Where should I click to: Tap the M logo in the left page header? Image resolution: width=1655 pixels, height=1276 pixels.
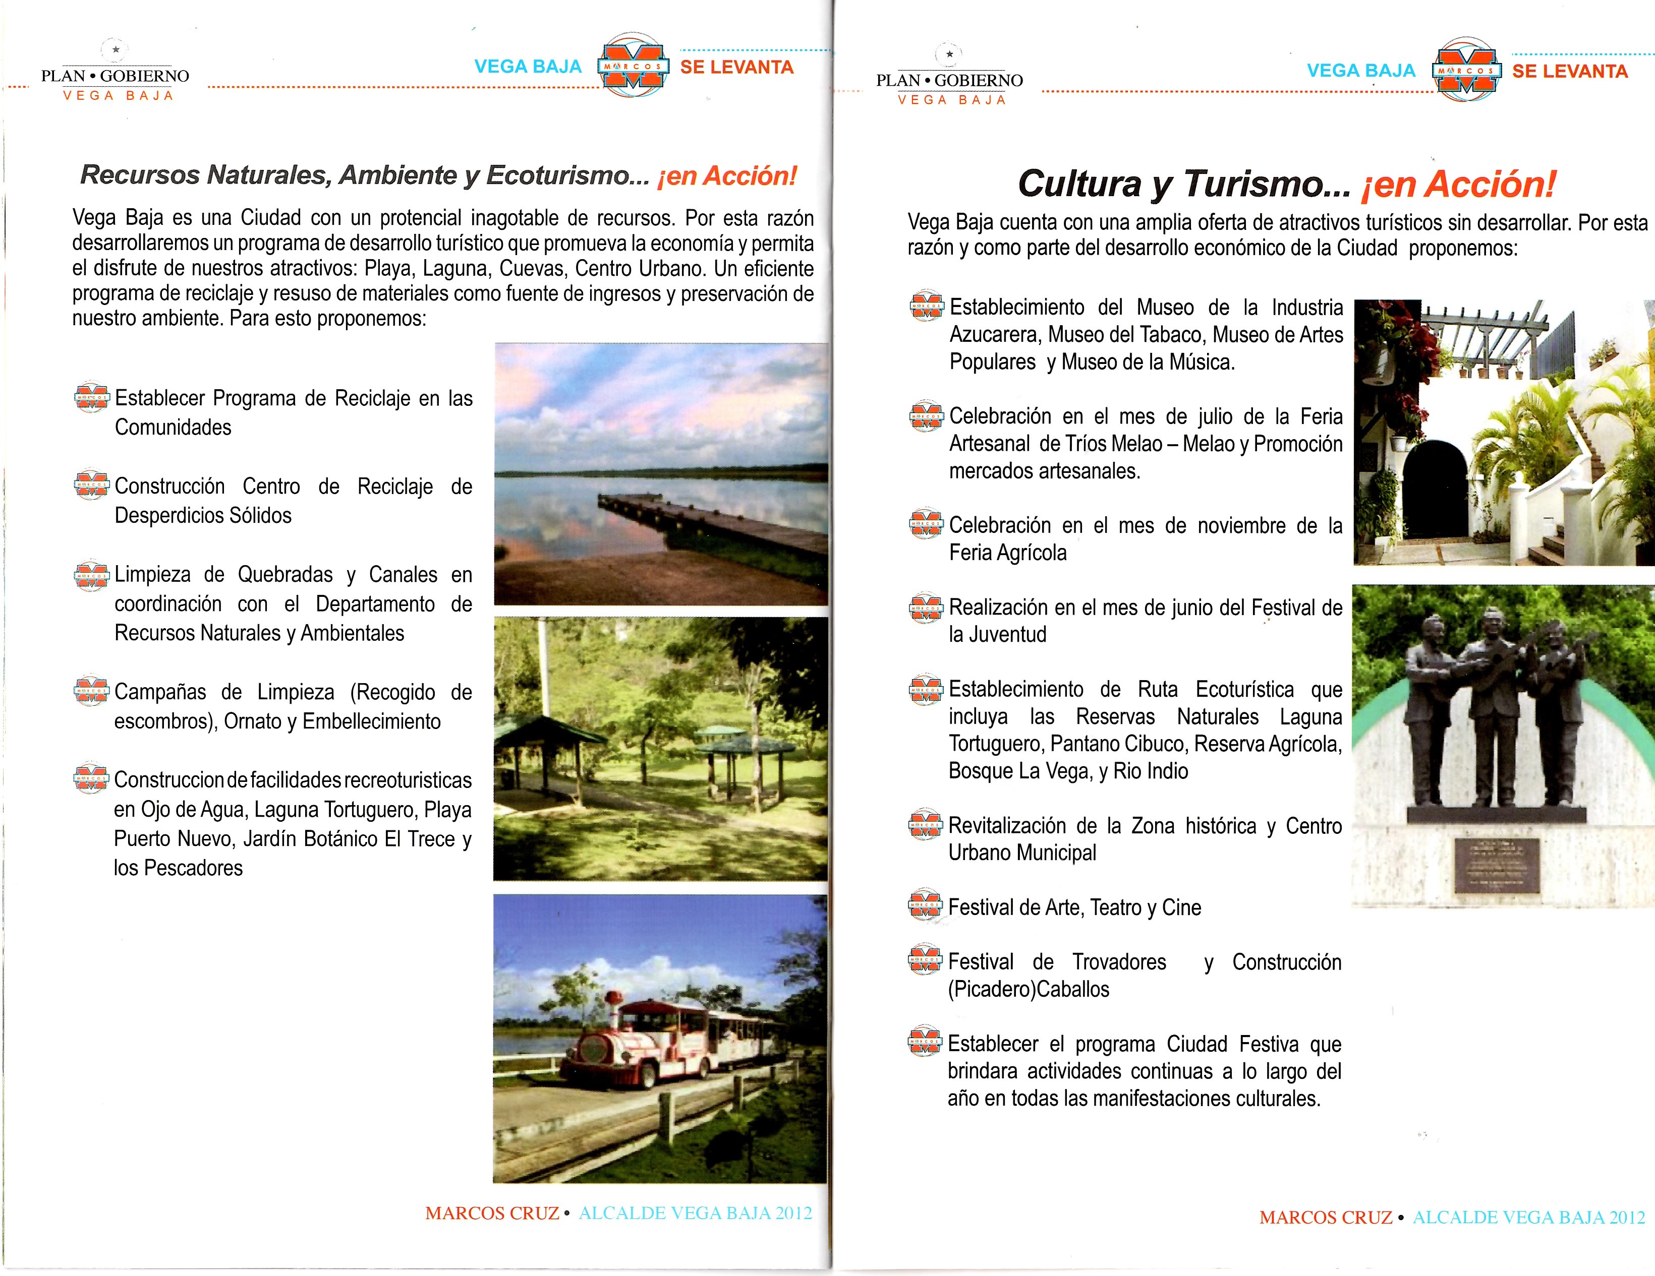[633, 66]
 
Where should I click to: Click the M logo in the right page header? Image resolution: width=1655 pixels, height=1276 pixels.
[1466, 71]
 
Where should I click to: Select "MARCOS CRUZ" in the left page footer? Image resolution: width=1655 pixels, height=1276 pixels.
[492, 1213]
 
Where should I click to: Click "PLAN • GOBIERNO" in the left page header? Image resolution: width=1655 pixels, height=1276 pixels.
[115, 76]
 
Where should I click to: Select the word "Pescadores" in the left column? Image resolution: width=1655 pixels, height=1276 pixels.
[193, 868]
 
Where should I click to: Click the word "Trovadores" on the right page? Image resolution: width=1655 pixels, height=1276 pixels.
[1119, 962]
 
